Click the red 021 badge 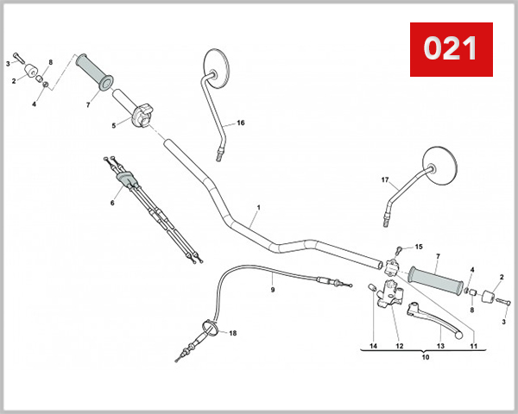pyautogui.click(x=450, y=49)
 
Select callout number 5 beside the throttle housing pyautogui.click(x=113, y=125)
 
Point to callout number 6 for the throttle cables pyautogui.click(x=111, y=203)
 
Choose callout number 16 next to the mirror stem pyautogui.click(x=241, y=123)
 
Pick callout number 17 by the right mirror pyautogui.click(x=385, y=179)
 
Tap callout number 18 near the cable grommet pyautogui.click(x=233, y=332)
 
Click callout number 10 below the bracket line pyautogui.click(x=424, y=355)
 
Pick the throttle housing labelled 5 pyautogui.click(x=142, y=114)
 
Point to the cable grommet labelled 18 pyautogui.click(x=208, y=328)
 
